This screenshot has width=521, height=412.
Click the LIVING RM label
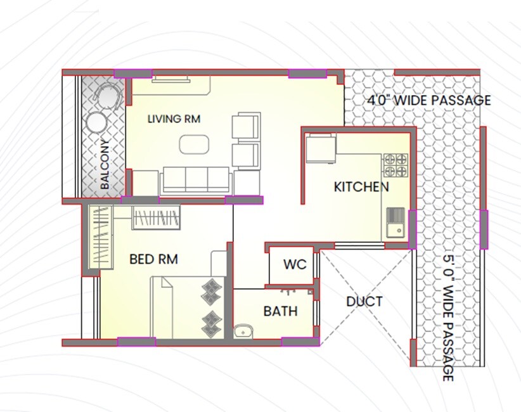click(174, 119)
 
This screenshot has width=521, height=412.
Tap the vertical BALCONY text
click(105, 165)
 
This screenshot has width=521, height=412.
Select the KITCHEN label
click(361, 187)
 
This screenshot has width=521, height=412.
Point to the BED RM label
click(153, 259)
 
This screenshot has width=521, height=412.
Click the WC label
click(295, 264)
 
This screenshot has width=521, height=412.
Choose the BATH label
click(280, 312)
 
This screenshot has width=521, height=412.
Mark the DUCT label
click(364, 302)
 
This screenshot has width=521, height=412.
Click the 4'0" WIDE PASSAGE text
click(429, 100)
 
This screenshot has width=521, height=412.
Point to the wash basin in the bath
click(243, 330)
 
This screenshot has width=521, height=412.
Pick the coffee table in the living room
click(193, 145)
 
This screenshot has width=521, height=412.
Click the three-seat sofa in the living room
click(196, 181)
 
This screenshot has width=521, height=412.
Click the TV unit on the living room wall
click(170, 79)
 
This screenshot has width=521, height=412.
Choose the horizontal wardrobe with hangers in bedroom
click(157, 217)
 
